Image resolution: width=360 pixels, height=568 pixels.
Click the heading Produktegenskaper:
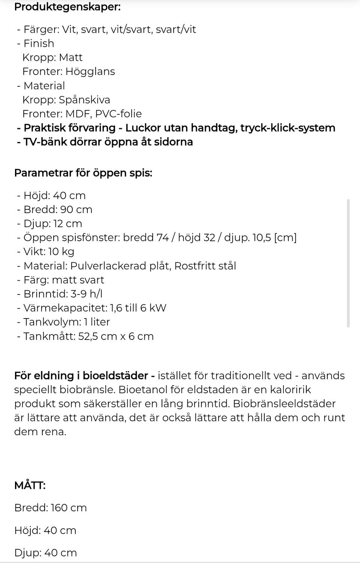[x=67, y=7]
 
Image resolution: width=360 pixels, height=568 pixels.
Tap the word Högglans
[x=90, y=71]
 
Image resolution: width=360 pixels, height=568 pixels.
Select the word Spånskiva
[x=84, y=100]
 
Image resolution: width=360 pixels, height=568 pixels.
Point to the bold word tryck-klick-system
[x=288, y=128]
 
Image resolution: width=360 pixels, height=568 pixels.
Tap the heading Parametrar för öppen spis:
[x=83, y=173]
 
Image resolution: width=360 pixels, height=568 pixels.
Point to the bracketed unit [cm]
[x=285, y=237]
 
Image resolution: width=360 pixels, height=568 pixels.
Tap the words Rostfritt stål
[x=205, y=266]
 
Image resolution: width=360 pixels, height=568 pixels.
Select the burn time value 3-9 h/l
[x=87, y=294]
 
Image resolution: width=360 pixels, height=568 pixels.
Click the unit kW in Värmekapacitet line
[x=157, y=308]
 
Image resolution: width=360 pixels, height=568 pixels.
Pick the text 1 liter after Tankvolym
[x=97, y=322]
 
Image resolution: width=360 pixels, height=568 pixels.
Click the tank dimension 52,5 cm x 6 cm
[x=116, y=336]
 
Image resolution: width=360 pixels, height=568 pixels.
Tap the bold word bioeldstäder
[x=115, y=376]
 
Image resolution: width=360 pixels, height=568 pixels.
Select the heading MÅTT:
[x=30, y=485]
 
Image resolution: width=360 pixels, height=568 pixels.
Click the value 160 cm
[x=69, y=508]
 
